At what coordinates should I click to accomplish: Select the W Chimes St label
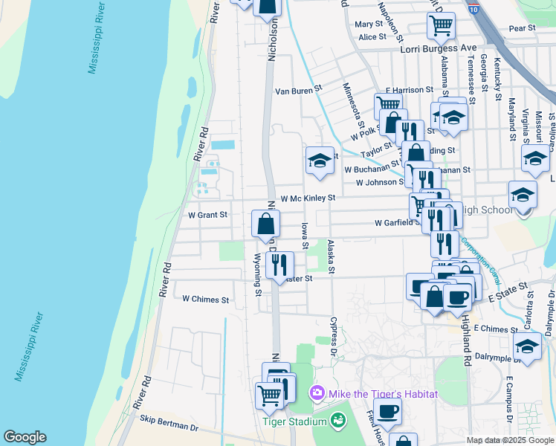point(206,300)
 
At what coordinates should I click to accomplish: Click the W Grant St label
point(207,215)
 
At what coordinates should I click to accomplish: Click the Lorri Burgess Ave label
point(438,48)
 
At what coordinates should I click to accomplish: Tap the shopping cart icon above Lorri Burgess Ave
point(441,26)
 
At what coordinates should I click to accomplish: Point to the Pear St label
point(523,28)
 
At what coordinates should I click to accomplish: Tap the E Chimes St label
point(494,329)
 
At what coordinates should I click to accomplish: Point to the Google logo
point(25,437)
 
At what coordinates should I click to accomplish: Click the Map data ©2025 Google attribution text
point(509,440)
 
